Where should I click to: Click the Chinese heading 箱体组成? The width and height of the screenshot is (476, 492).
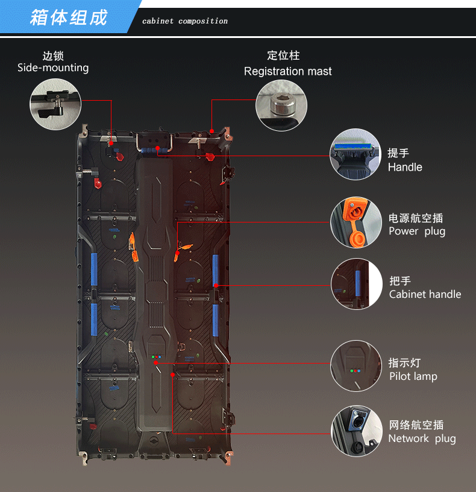click(x=69, y=17)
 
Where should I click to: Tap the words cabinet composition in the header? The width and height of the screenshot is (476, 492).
click(x=185, y=21)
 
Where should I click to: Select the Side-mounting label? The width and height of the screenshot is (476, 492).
click(x=53, y=68)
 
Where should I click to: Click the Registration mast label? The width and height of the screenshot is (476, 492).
click(x=287, y=71)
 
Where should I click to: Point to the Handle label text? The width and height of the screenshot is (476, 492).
click(x=405, y=167)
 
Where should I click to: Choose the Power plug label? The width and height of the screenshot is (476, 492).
click(x=417, y=232)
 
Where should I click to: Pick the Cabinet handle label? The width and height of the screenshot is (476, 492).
click(x=425, y=294)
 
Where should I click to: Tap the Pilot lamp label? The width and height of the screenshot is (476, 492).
click(x=413, y=376)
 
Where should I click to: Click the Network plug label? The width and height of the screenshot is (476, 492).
click(x=422, y=438)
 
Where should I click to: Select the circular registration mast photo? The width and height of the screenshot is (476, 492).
click(x=281, y=106)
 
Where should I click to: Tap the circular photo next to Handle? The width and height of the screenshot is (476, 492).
click(x=355, y=154)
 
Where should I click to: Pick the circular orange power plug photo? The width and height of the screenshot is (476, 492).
click(x=355, y=223)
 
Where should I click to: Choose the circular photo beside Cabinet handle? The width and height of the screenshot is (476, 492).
click(x=355, y=284)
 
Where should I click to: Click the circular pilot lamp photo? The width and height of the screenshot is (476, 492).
click(x=355, y=366)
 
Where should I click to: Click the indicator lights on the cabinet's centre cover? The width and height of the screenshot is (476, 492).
click(x=157, y=357)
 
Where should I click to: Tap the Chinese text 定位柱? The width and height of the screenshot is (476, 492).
click(x=283, y=55)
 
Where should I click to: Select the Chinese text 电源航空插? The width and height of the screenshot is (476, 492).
click(x=416, y=218)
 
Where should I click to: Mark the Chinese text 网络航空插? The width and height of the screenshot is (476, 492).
click(x=416, y=424)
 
